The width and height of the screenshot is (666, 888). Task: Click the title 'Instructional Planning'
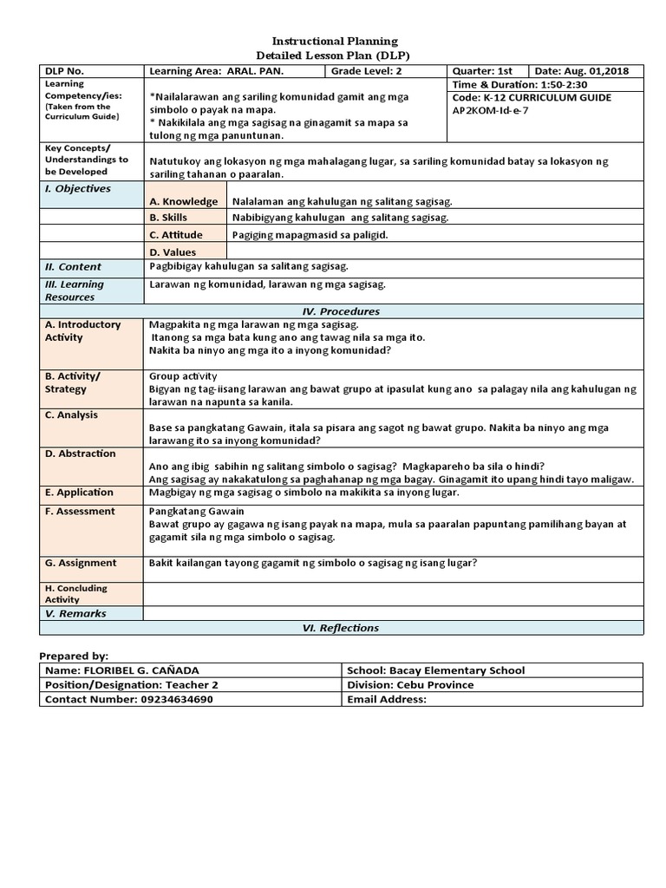point(335,41)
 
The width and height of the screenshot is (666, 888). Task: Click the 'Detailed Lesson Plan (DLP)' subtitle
point(335,54)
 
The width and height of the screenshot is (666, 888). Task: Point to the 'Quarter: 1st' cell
point(482,71)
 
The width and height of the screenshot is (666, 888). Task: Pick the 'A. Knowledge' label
point(184,201)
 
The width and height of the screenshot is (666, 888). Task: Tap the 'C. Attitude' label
point(176,235)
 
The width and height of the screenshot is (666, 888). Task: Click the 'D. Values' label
point(173,252)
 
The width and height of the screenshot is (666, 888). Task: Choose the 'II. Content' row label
point(74,267)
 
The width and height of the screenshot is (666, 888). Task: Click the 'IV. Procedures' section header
point(341,311)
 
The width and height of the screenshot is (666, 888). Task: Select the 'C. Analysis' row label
point(71,415)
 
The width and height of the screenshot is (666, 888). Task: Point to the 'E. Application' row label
point(80,493)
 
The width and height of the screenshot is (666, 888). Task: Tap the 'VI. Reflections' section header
point(341,628)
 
